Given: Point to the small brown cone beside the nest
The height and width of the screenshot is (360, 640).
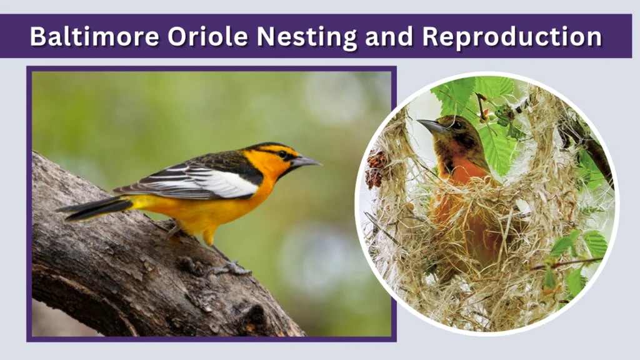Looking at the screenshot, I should (376, 168).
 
